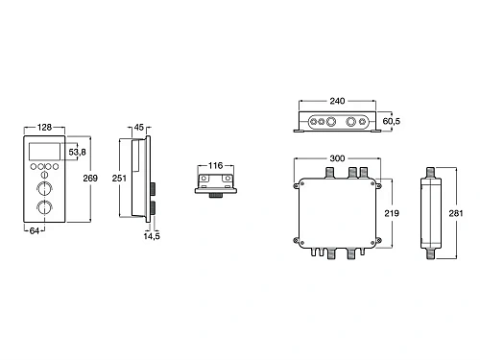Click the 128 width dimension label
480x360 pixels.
pyautogui.click(x=44, y=128)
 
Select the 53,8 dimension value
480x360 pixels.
pyautogui.click(x=78, y=152)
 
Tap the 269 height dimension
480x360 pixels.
pyautogui.click(x=90, y=178)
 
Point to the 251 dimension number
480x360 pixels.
pyautogui.click(x=119, y=178)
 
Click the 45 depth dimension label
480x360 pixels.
pyautogui.click(x=139, y=128)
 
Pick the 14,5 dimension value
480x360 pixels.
pyautogui.click(x=152, y=236)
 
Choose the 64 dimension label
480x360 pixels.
pyautogui.click(x=35, y=230)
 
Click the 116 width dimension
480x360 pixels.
pyautogui.click(x=215, y=166)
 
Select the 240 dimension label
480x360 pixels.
pyautogui.click(x=337, y=101)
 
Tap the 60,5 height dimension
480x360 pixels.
pyautogui.click(x=392, y=121)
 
